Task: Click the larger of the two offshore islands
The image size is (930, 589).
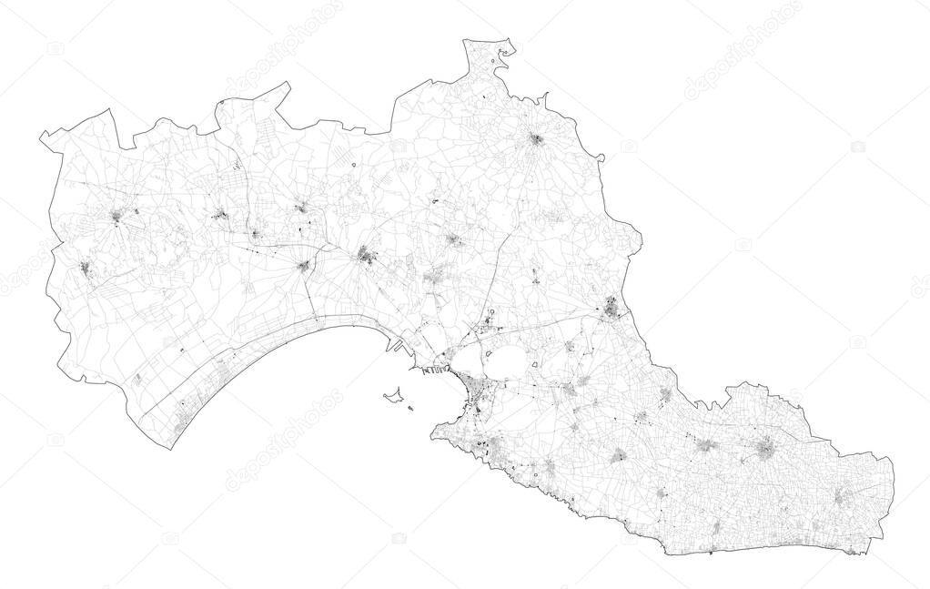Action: [x=393, y=396]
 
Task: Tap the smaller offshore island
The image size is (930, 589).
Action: [x=411, y=408]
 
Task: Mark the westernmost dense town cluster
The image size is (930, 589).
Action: [x=84, y=268]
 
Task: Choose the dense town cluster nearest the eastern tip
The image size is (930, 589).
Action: [x=843, y=497]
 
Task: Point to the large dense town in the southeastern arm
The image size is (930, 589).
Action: [x=766, y=448]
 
